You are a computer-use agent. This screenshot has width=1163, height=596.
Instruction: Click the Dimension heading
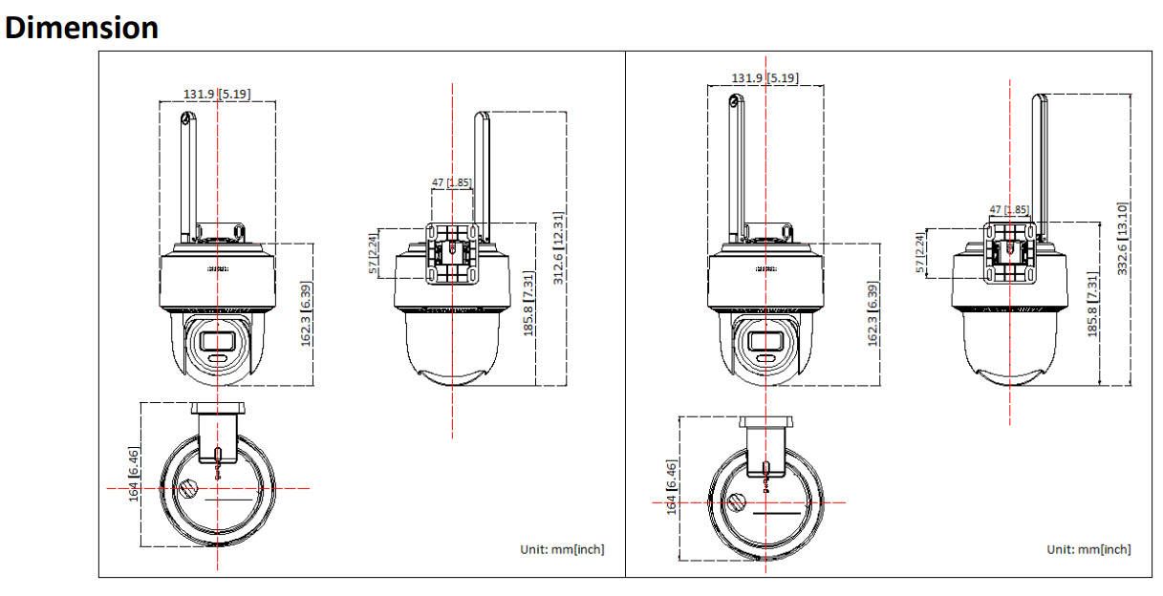tap(82, 27)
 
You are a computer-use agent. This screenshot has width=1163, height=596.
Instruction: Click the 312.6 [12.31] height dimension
tap(558, 248)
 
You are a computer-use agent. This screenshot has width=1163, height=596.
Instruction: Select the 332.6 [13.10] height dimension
tap(1124, 238)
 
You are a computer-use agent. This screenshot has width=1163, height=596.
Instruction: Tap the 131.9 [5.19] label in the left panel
tap(218, 94)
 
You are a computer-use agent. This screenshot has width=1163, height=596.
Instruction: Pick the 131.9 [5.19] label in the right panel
tap(765, 77)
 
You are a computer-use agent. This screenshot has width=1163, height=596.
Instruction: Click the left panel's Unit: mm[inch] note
tap(562, 549)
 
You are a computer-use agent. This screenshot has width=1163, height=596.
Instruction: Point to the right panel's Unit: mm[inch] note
tap(1088, 549)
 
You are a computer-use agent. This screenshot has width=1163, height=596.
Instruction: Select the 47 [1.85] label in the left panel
tap(451, 181)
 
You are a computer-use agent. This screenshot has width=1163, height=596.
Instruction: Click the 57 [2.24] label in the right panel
tap(921, 252)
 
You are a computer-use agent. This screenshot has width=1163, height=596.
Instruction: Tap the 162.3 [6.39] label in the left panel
tap(307, 314)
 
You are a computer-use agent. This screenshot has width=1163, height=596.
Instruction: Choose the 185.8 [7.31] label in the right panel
tap(1093, 304)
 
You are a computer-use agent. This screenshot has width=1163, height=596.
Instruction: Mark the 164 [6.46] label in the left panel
tap(135, 475)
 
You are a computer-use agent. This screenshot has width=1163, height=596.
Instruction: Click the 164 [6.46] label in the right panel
tap(672, 488)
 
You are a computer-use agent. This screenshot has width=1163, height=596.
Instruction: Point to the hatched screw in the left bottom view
tap(189, 490)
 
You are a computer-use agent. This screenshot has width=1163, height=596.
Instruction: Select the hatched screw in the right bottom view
tap(737, 502)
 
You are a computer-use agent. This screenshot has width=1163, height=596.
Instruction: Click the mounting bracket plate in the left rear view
tap(451, 252)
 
